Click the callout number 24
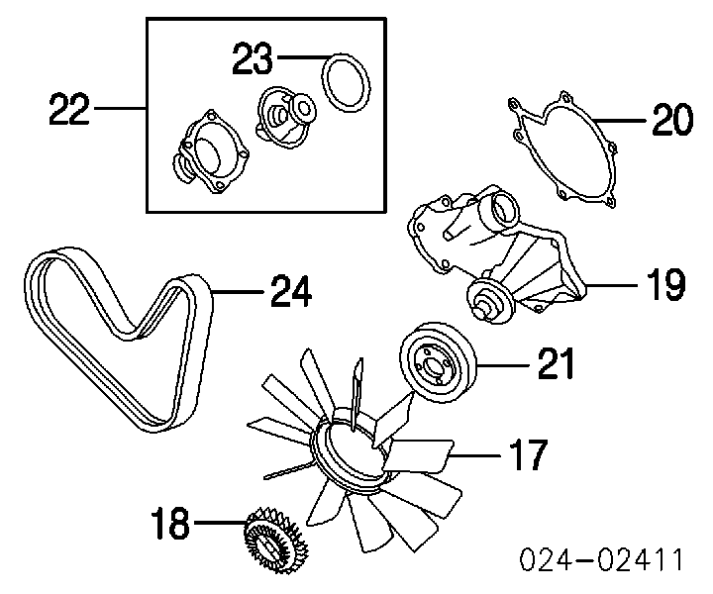(x=291, y=292)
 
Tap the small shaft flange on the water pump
(x=487, y=300)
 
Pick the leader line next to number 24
(x=237, y=291)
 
